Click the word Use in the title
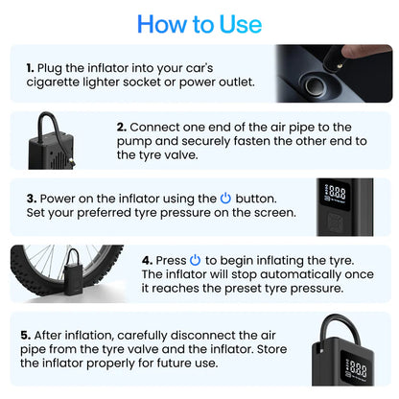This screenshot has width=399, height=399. click(x=241, y=24)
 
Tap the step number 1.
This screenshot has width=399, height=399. click(x=30, y=68)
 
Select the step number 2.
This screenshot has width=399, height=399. click(x=122, y=128)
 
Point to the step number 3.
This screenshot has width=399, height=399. click(x=32, y=199)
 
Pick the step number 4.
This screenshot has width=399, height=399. click(x=147, y=260)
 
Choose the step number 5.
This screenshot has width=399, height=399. click(x=26, y=336)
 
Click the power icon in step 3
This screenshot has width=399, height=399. click(x=225, y=199)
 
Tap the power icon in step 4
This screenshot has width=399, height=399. click(x=195, y=260)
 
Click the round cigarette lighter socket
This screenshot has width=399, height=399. click(x=315, y=84)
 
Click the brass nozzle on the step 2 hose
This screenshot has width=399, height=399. click(x=71, y=160)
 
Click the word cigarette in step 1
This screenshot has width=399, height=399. click(x=53, y=82)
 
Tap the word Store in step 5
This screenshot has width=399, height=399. click(x=271, y=349)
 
